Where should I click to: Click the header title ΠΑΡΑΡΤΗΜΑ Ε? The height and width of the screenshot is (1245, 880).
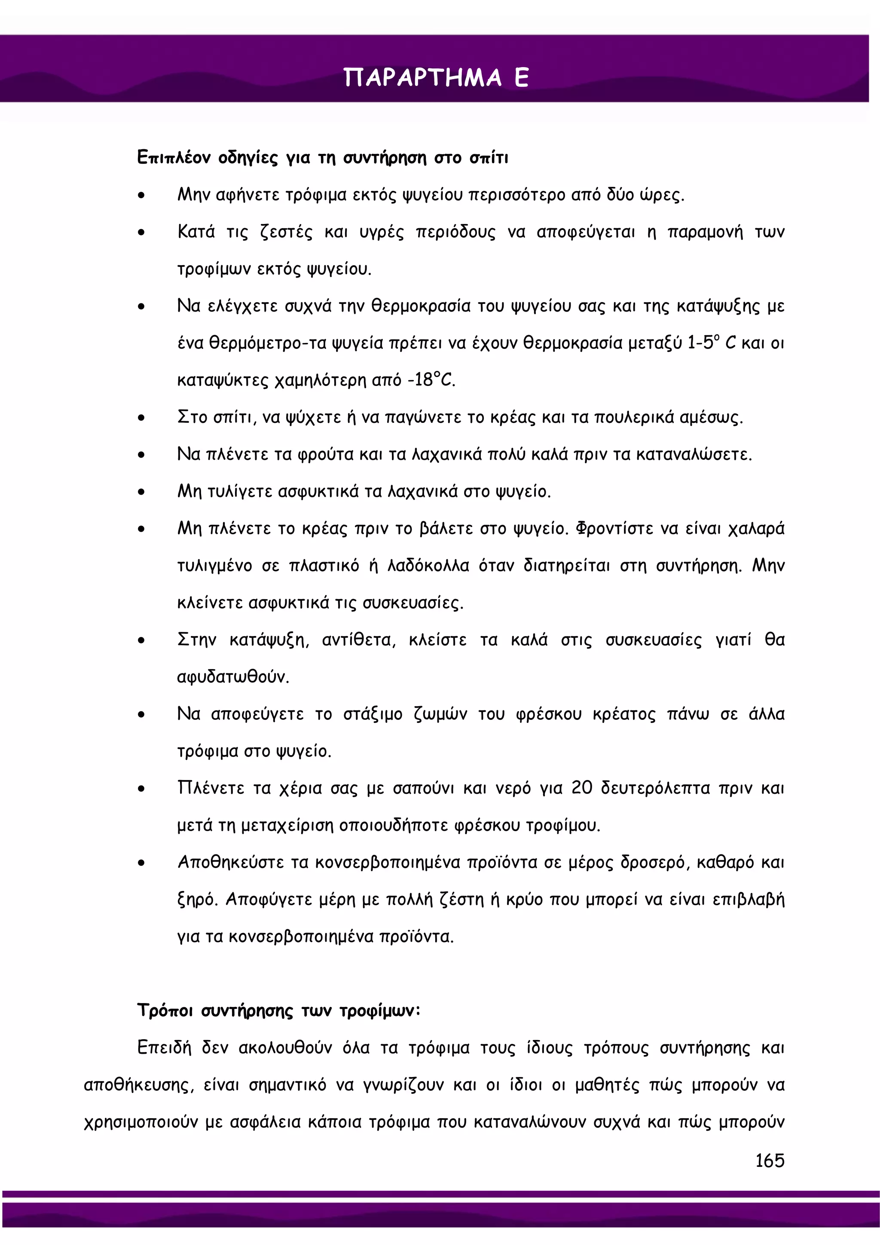[436, 78]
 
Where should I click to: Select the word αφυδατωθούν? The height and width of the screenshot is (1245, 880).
[233, 677]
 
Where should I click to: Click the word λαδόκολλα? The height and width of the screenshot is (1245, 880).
[428, 566]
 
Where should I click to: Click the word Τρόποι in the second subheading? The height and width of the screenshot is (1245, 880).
[165, 1010]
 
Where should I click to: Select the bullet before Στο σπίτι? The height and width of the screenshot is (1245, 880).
[141, 418]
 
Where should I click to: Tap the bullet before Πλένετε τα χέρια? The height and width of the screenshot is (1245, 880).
[141, 789]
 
